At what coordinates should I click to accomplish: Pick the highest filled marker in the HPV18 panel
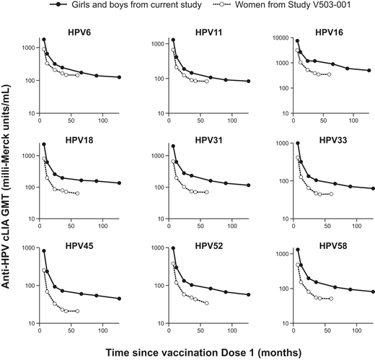click(44, 144)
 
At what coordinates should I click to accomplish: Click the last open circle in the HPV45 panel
click(77, 311)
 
